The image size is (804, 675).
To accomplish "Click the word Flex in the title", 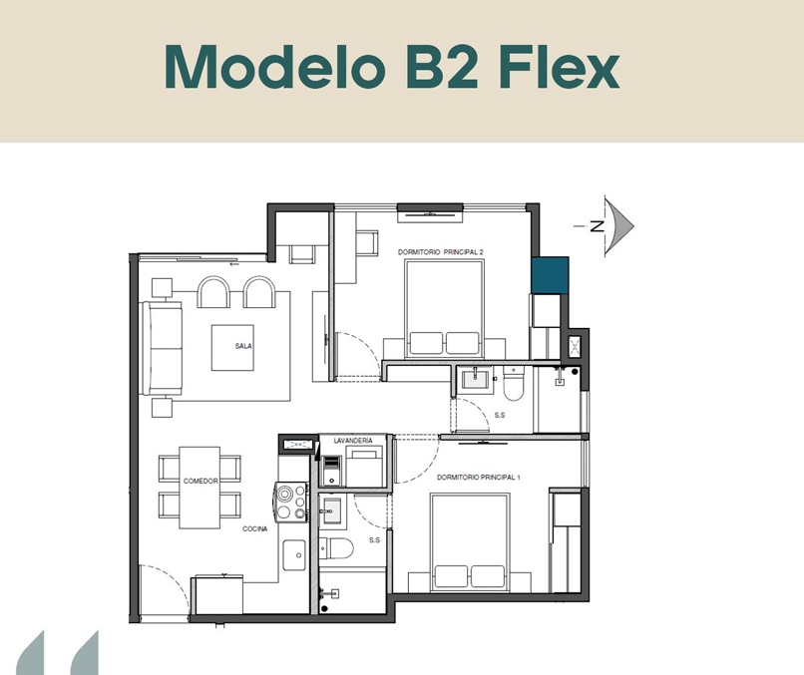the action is [x=559, y=68].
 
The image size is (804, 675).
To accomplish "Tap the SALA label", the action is [x=243, y=346].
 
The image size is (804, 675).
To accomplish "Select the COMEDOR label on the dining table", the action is [x=201, y=481].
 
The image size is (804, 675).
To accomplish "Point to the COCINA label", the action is [x=254, y=528].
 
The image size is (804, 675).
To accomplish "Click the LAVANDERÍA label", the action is [x=353, y=441].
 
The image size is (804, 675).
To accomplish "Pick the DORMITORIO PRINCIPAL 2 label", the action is [x=441, y=251].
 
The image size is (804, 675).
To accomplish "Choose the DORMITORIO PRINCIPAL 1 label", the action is [x=479, y=478].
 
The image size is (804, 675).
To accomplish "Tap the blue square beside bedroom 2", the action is [x=550, y=275].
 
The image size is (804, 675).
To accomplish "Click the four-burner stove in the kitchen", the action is [x=291, y=502].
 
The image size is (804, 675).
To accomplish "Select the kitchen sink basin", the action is [x=294, y=554].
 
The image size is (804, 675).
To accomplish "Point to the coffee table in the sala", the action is [x=232, y=348].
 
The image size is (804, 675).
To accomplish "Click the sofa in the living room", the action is [x=162, y=349].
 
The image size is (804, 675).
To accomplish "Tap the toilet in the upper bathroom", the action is [x=514, y=383].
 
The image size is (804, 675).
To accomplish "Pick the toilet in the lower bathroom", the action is [x=336, y=548].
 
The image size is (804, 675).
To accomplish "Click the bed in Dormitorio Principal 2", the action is [x=444, y=308].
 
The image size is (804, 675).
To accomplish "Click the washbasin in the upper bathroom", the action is [x=476, y=379].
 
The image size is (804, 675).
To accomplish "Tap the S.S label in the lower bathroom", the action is [x=374, y=539].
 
